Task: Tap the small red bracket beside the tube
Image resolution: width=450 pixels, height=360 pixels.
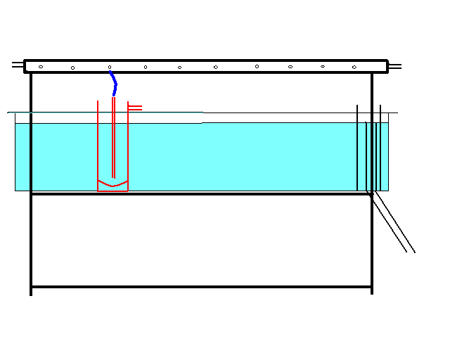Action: pyautogui.click(x=135, y=108)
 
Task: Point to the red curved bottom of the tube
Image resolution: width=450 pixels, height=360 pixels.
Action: pyautogui.click(x=112, y=185)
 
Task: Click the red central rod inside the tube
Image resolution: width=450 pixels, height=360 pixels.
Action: pyautogui.click(x=113, y=141)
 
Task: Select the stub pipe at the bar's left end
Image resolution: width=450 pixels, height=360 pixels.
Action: pyautogui.click(x=18, y=65)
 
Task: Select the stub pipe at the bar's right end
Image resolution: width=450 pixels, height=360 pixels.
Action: pyautogui.click(x=395, y=67)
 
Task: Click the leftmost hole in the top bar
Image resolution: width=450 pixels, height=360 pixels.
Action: pyautogui.click(x=41, y=67)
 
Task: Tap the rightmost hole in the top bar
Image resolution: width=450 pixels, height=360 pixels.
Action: pyautogui.click(x=354, y=67)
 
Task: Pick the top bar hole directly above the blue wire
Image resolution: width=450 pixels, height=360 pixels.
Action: pyautogui.click(x=110, y=67)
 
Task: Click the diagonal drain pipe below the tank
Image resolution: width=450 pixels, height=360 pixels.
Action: pyautogui.click(x=392, y=224)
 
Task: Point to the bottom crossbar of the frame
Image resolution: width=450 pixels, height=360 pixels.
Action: pyautogui.click(x=201, y=287)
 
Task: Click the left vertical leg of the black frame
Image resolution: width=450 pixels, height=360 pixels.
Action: pyautogui.click(x=31, y=239)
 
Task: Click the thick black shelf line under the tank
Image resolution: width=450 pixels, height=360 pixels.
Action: pyautogui.click(x=201, y=194)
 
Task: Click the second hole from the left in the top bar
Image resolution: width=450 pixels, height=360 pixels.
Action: pyautogui.click(x=73, y=68)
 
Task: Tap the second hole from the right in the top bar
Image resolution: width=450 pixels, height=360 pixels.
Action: pyautogui.click(x=323, y=66)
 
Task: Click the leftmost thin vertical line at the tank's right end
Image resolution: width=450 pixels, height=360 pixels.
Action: pyautogui.click(x=357, y=148)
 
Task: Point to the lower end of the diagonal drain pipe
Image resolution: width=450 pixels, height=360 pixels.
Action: pyautogui.click(x=411, y=251)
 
